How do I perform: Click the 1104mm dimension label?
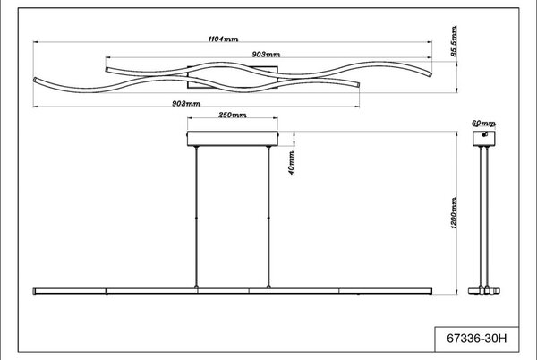(223, 39)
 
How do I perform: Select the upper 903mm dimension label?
(266, 55)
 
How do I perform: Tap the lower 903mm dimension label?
(186, 104)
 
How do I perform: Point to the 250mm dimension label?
(232, 115)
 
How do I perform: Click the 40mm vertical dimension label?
(291, 163)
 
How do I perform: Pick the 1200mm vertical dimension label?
(454, 213)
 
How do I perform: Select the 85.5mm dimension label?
(454, 41)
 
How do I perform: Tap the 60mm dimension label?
(483, 124)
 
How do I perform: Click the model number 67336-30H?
(477, 339)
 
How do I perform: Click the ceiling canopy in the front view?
(233, 139)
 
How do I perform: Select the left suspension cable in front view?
(196, 218)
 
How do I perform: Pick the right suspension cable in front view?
(268, 218)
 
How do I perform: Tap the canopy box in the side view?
(484, 139)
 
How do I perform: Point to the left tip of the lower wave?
(35, 80)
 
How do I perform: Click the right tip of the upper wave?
(430, 74)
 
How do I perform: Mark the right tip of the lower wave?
(358, 84)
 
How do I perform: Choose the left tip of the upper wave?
(107, 70)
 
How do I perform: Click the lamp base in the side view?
(484, 291)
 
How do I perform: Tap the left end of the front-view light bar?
(34, 291)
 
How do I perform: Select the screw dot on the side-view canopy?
(484, 134)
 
